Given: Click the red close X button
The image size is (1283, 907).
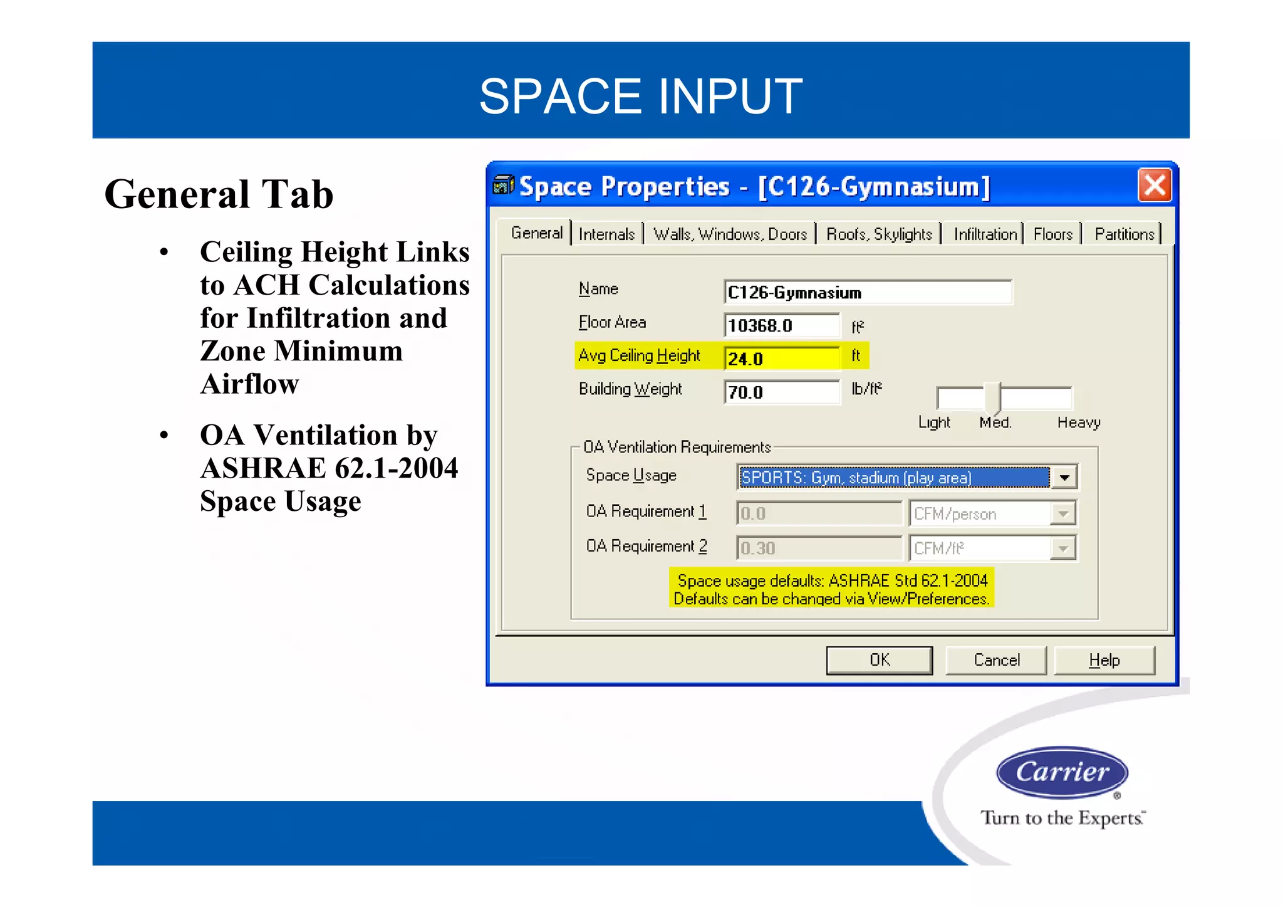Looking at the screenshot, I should point(1154,186).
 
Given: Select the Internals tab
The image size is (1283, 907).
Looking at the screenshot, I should point(606,234).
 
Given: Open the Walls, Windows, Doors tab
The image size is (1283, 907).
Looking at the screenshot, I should point(730,234).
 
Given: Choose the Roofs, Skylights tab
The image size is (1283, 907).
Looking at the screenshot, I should point(879,234).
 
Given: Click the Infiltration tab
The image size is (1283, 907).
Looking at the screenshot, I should point(985,234).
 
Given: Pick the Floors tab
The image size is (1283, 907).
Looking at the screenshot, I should point(1052,234).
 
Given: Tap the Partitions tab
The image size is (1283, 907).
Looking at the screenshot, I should point(1124,234).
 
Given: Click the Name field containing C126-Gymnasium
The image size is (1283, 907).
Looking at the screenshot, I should point(867,293).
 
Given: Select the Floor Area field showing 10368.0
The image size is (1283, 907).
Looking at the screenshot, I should point(781,326).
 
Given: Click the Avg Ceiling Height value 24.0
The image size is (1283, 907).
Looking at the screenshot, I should point(781,359).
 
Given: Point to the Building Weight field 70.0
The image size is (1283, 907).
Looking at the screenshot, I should point(781,392).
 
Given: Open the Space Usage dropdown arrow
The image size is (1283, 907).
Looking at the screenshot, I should point(1064,478).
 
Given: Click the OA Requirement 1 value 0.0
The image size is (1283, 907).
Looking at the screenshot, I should point(818,514).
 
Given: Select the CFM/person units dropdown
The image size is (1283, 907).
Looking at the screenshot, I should point(992,514).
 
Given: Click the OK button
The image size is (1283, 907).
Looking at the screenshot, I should point(879,660).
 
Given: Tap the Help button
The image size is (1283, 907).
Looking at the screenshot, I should point(1104,660).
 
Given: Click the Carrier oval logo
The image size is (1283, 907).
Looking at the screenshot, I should point(1062,772).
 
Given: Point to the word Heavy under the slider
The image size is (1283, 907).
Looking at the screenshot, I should point(1078,423).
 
